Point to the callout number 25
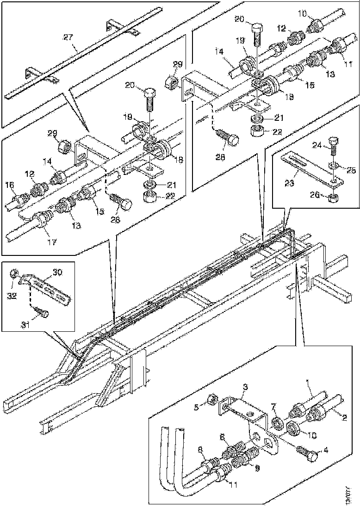point(351,171)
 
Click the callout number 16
point(10,185)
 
